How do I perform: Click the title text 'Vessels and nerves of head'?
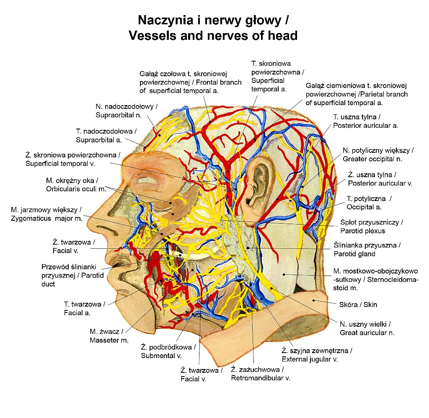[x=213, y=36]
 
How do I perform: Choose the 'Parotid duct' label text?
[x=72, y=275]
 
